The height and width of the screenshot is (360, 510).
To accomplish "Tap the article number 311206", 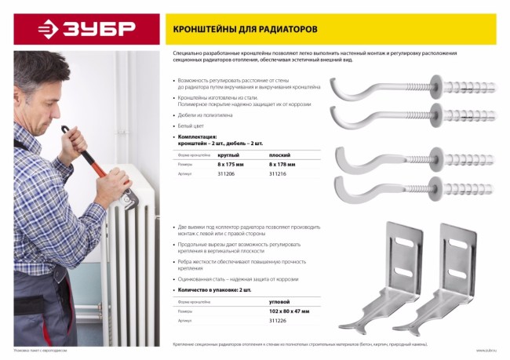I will [226, 175].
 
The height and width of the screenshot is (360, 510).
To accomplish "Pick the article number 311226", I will [278, 320].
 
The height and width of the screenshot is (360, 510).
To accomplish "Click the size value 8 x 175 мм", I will [231, 165].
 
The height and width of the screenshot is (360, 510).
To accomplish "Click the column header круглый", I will [228, 155].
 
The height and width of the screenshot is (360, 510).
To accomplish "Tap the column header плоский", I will [280, 155].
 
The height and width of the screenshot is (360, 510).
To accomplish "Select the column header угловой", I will [279, 300].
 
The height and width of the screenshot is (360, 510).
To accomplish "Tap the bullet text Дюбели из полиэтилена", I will [206, 115].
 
